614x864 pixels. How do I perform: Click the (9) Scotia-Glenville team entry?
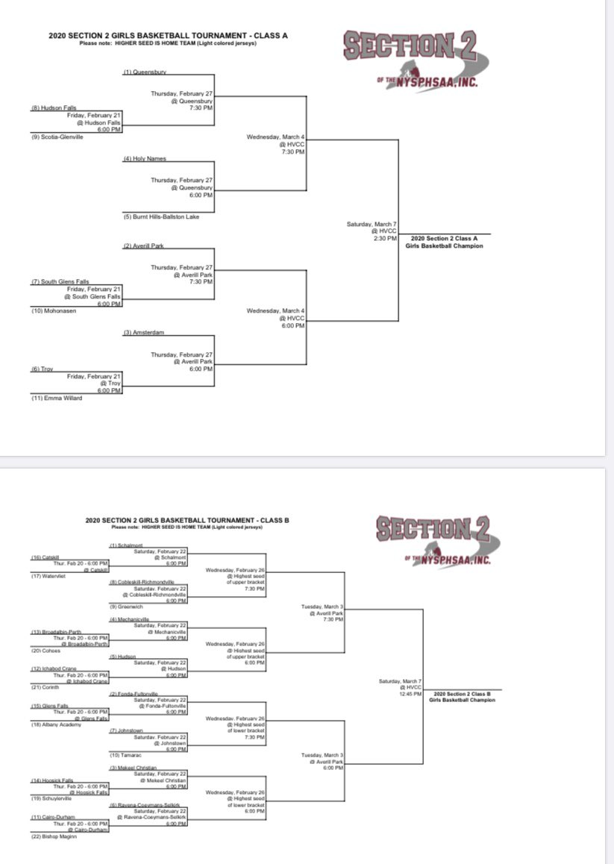pos(57,137)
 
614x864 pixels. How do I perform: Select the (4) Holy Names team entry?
pos(140,159)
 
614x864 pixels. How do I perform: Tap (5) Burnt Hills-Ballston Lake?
pos(161,216)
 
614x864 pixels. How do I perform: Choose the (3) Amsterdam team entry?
pos(142,332)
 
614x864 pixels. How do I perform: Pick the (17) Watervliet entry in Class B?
pos(48,575)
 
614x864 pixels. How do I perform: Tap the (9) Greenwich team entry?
pos(126,606)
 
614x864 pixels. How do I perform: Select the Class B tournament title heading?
pos(186,520)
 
